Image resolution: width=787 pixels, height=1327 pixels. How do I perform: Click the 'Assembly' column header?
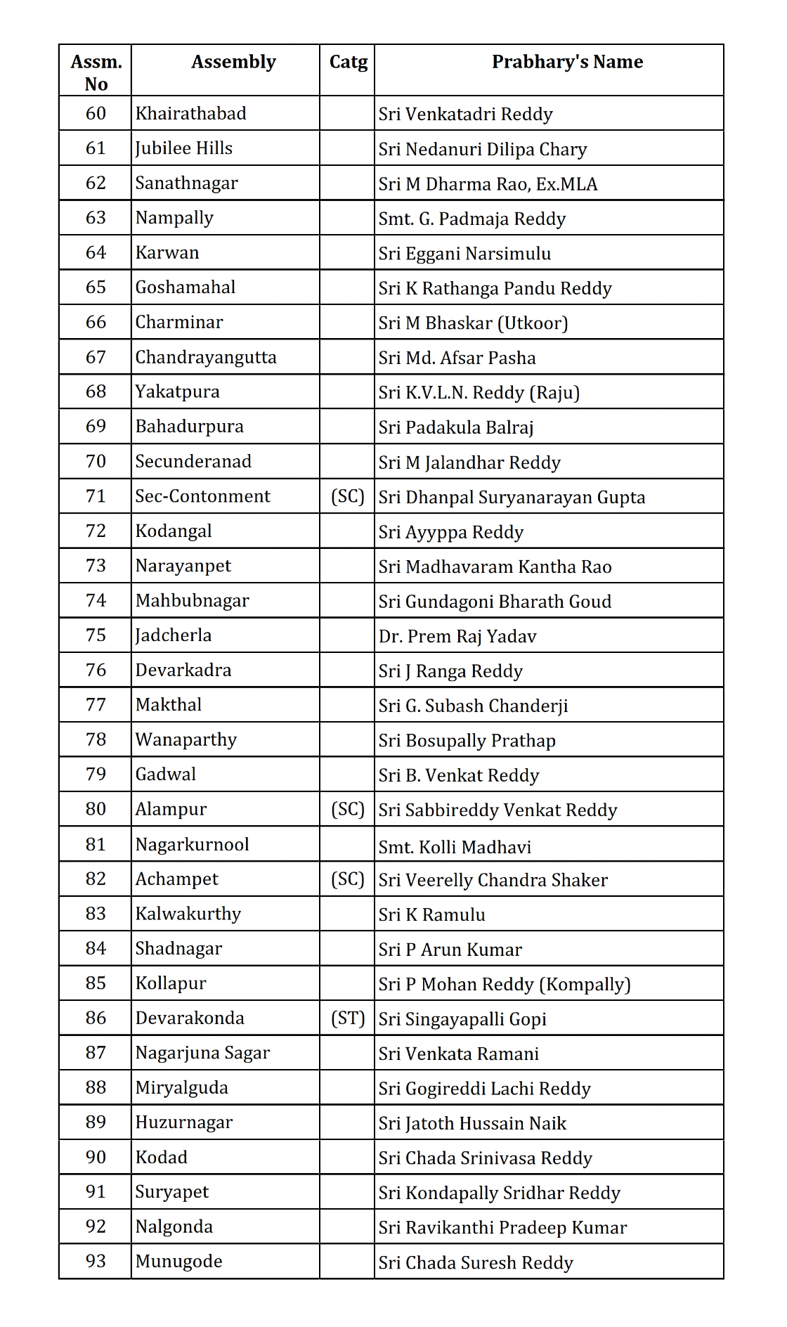pos(233,63)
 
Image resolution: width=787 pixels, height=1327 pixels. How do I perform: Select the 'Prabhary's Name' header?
pos(567,63)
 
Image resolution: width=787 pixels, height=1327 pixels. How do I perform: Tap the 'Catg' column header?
pos(348,63)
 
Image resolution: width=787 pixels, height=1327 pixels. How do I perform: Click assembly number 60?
pos(96,114)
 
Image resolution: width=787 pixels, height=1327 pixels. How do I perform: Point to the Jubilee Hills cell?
pos(184,148)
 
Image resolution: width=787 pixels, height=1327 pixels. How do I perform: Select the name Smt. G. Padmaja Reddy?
pos(472,219)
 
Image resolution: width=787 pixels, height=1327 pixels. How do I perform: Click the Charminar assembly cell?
pos(179,323)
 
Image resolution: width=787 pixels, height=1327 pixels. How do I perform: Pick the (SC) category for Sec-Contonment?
pos(348,496)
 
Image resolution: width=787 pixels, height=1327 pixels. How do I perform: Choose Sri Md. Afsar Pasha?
pos(457,358)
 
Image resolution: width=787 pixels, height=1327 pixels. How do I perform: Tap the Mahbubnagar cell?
pos(193,601)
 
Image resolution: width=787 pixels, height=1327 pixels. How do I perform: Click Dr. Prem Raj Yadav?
pos(457,636)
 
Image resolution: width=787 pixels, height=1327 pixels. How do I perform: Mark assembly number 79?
pos(96,775)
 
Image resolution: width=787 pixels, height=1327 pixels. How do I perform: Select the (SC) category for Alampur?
pos(348,809)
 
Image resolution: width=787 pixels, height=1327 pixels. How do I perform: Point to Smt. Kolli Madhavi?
pos(455,847)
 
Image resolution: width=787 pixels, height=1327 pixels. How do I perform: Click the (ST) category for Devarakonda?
pos(348,1018)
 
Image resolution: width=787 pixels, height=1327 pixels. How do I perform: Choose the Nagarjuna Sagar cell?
pos(202,1053)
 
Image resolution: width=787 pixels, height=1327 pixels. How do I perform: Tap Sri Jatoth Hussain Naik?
pos(472,1123)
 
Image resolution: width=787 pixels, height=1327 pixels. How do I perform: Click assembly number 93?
pos(96,1262)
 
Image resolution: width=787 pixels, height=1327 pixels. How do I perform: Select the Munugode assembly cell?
pos(178,1262)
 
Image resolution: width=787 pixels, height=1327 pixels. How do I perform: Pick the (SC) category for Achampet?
pos(348,879)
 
